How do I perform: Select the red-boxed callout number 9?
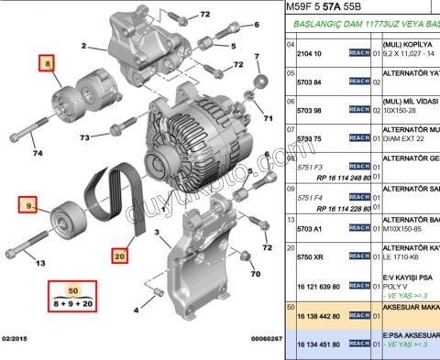[x=30, y=205]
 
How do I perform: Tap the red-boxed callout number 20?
[x=120, y=256]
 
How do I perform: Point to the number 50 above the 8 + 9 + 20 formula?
[x=72, y=289]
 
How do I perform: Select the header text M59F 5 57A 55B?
[x=335, y=8]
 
